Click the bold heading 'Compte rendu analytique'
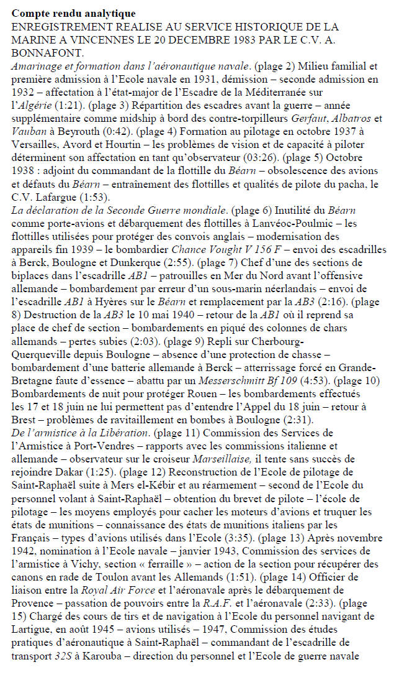[x=74, y=13]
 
